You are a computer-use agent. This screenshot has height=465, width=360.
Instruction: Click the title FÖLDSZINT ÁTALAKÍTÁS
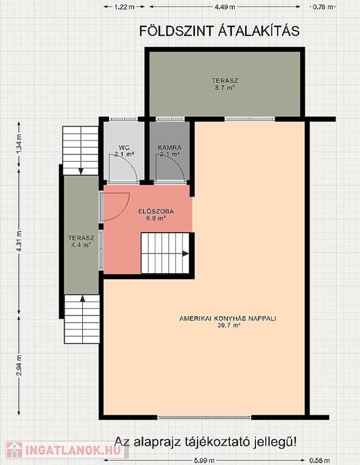[x=219, y=30]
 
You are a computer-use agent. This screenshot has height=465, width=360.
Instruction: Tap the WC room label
[x=124, y=147]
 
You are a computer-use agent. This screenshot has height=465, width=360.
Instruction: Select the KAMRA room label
[x=169, y=147]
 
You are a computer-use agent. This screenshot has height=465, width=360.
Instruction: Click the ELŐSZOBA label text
[x=156, y=211]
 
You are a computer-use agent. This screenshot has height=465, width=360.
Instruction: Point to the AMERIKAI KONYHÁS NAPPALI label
[x=228, y=318]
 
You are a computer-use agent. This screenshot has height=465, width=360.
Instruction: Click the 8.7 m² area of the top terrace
[x=225, y=87]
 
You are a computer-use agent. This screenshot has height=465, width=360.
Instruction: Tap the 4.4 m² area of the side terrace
[x=81, y=245]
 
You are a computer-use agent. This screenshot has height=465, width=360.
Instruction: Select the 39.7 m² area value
[x=228, y=325]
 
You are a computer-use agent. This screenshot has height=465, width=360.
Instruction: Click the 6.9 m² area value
[x=156, y=219]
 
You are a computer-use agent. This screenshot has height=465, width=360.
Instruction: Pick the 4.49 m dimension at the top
[x=225, y=7]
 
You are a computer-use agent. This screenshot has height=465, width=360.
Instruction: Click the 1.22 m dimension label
[x=125, y=7]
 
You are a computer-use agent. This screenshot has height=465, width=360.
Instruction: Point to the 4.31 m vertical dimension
[x=19, y=242]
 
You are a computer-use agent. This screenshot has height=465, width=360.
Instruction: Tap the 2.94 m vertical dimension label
[x=19, y=365]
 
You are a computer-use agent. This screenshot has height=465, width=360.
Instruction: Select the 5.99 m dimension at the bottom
[x=205, y=461]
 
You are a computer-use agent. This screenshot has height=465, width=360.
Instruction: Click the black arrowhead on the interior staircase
[x=186, y=254]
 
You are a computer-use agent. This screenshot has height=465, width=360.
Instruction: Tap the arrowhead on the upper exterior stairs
[x=80, y=171]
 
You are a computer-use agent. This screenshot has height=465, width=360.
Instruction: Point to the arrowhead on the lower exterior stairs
[x=82, y=298]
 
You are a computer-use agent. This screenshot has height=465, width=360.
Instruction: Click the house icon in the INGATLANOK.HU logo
[x=15, y=450]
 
